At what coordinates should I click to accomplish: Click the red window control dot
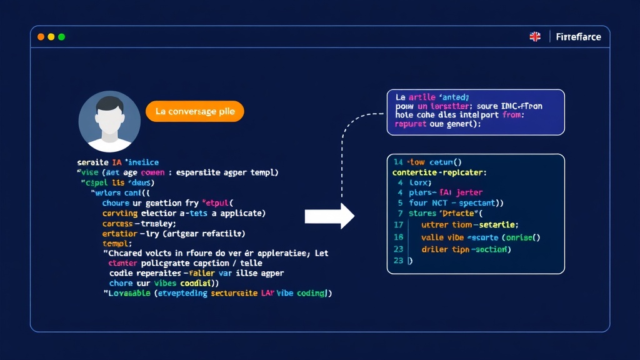tap(41, 37)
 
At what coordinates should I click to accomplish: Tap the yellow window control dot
tap(51, 37)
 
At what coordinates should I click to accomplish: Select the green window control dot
tap(61, 37)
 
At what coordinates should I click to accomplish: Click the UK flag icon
tap(535, 37)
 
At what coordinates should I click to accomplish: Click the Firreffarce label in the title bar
tap(578, 37)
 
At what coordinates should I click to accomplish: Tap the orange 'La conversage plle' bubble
tap(194, 111)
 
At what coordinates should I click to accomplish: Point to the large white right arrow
tap(329, 216)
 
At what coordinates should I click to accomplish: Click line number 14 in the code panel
tap(398, 162)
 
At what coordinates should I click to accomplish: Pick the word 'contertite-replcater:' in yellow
tap(439, 172)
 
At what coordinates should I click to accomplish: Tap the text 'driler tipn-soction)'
tap(466, 249)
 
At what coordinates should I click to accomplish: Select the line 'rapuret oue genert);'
tap(437, 124)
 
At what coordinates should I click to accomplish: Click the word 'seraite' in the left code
tap(92, 162)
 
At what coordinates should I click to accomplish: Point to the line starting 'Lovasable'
tap(219, 292)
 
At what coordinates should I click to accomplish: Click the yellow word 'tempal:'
tap(117, 243)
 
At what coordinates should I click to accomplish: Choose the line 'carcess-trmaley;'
tap(139, 223)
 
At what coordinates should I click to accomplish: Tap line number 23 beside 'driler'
tap(398, 249)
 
